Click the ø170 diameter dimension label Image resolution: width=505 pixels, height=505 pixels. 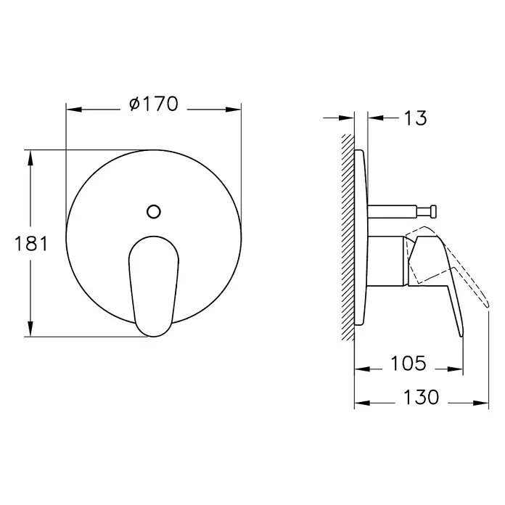pos(154,104)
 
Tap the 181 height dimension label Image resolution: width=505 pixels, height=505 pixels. pos(31,244)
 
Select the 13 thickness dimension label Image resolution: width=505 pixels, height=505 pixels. pos(415,118)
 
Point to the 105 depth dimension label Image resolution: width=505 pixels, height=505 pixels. pos(408,364)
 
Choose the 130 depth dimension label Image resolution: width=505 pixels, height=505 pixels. pos(422,397)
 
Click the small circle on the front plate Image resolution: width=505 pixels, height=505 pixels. pos(154,212)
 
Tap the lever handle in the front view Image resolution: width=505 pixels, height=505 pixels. pos(154,287)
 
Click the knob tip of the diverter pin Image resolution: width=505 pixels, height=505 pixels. pos(433,211)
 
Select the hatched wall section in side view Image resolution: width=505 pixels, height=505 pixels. pos(348,237)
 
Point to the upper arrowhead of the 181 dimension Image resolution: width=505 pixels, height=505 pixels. pos(30,158)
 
